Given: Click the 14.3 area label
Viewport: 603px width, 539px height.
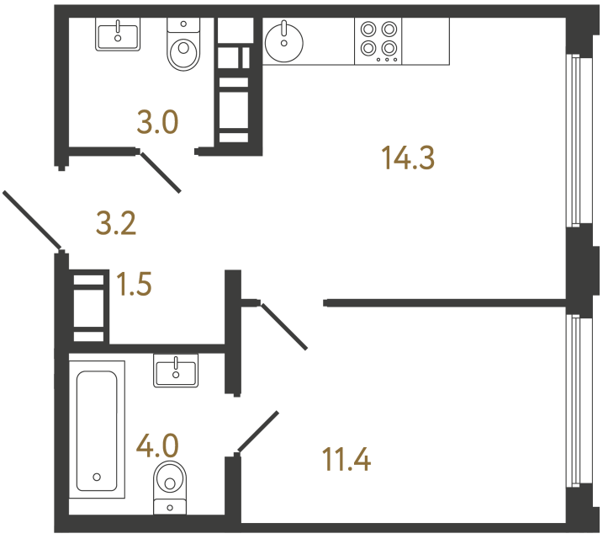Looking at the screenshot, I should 408,157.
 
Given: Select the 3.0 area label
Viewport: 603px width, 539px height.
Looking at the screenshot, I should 158,123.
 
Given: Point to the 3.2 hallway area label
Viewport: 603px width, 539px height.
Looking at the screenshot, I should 116,224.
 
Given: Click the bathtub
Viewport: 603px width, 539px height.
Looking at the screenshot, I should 100,426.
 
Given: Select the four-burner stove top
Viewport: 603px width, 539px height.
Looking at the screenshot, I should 378,40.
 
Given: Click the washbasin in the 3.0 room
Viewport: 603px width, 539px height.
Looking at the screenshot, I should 117,35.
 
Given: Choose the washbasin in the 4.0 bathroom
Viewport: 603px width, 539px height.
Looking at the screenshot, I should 176,370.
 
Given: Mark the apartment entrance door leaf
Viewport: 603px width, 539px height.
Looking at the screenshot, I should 32,221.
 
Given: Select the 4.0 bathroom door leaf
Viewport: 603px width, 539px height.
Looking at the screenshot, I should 258,431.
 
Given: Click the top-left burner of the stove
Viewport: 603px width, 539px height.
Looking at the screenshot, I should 368,29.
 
